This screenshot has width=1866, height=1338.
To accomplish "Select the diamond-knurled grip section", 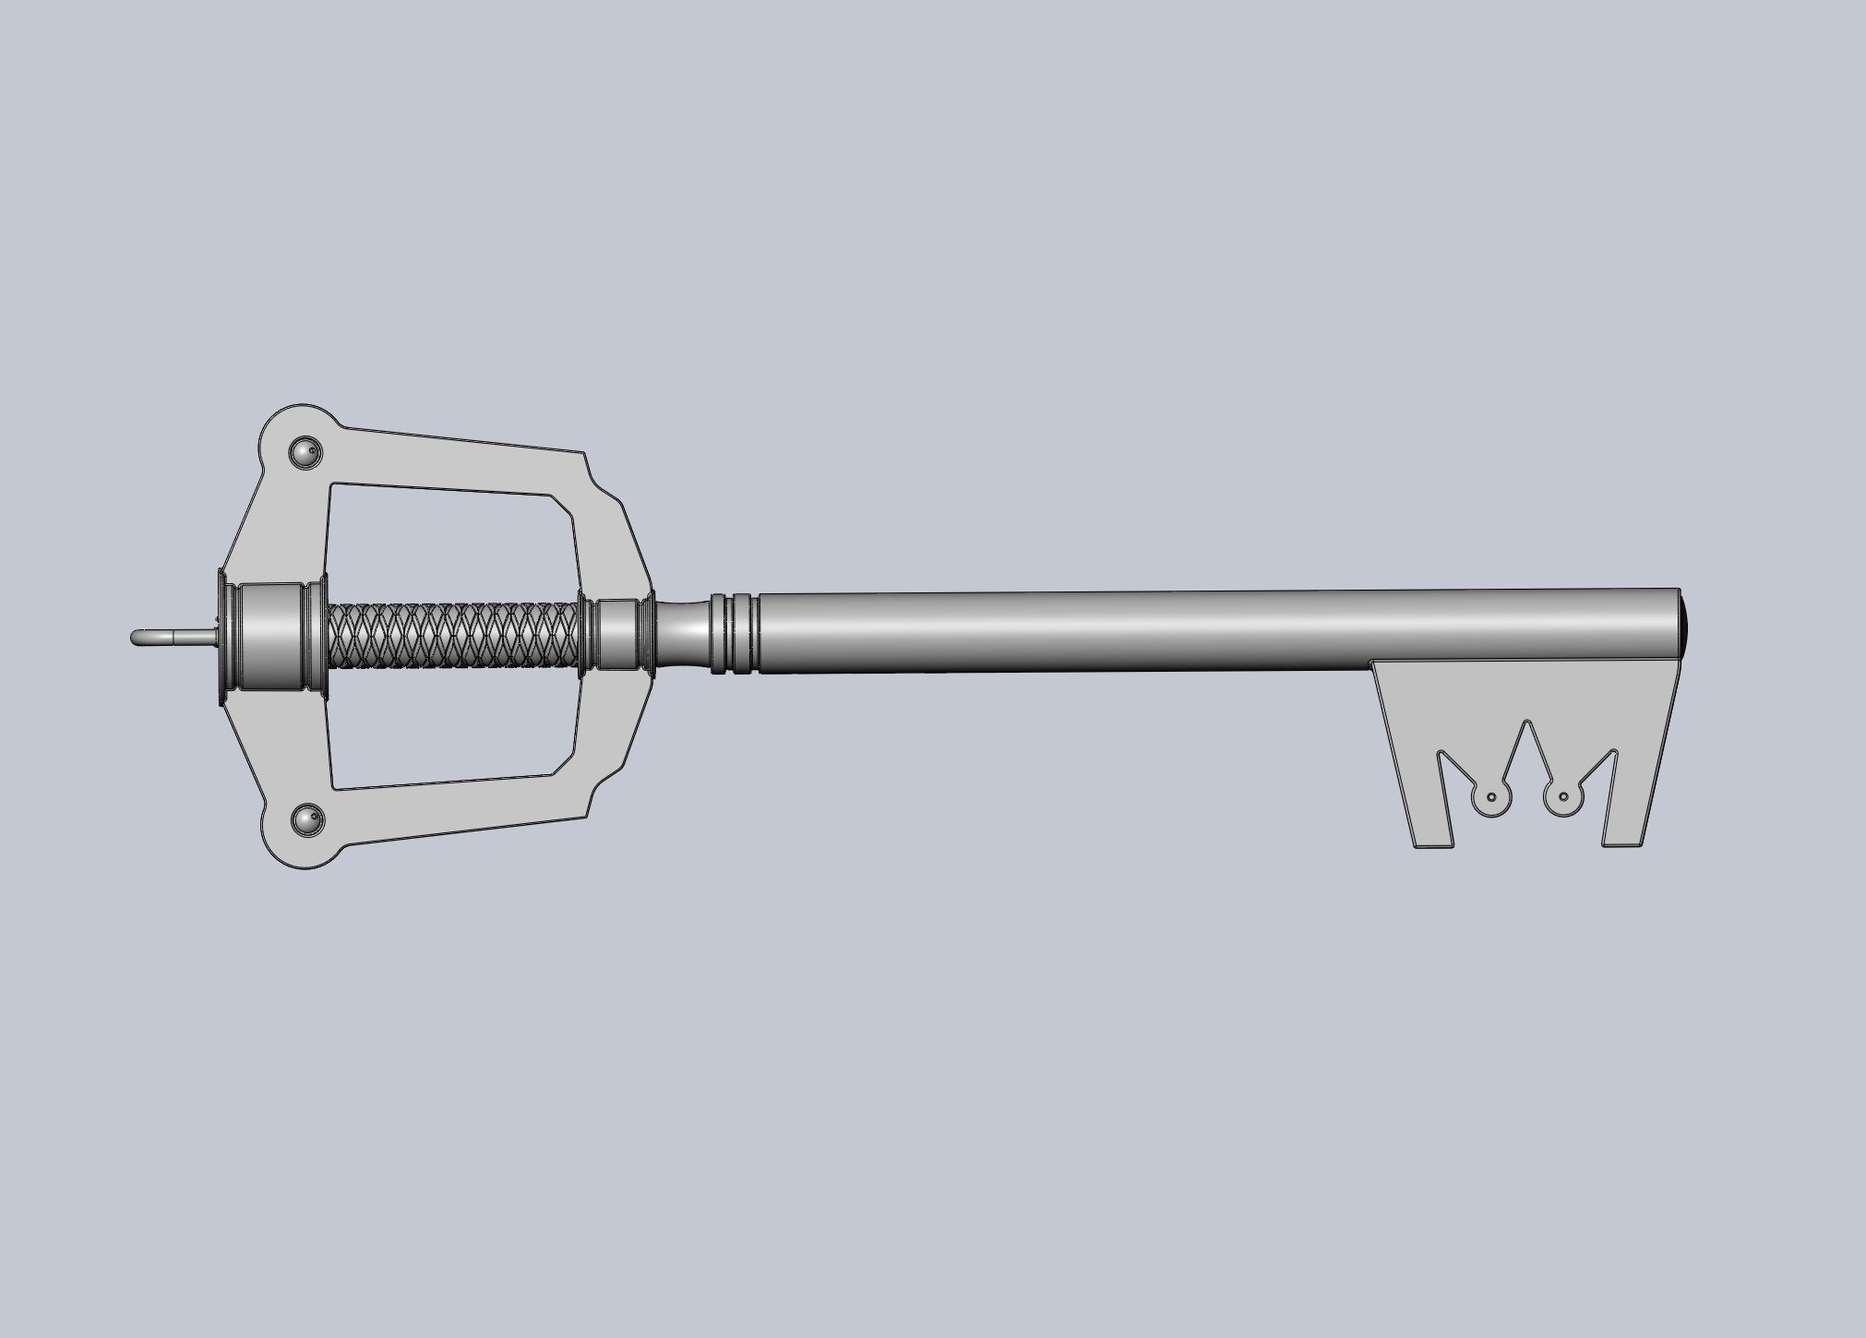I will [x=453, y=635].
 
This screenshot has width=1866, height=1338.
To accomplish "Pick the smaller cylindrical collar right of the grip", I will [x=617, y=634].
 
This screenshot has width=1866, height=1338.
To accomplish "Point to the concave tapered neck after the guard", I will [x=683, y=633].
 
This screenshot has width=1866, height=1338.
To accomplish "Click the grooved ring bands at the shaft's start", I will [x=735, y=633].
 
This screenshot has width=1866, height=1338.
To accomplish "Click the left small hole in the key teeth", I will [x=1491, y=796].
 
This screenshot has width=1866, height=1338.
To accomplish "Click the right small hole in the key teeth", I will [x=1563, y=796].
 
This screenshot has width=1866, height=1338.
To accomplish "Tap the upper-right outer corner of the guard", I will [x=584, y=454].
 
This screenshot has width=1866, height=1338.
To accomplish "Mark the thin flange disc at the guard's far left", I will [x=221, y=637].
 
